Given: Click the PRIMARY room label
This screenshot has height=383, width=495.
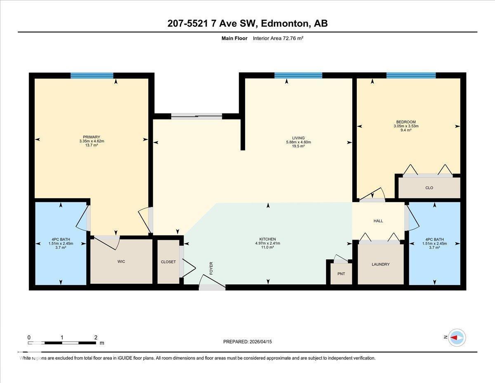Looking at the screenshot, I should point(92,137).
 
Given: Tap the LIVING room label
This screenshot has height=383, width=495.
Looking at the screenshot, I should point(298,138).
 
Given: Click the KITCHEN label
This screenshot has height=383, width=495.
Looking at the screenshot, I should point(268,239).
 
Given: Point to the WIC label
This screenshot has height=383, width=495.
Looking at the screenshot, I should point(121,261).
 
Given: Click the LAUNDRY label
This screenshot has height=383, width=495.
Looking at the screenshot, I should point(380,264).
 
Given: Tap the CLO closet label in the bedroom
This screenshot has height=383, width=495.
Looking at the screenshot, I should point(429,188).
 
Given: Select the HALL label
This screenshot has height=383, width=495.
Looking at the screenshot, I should point(378,221).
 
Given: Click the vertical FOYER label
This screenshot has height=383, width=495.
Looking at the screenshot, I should point(211,268).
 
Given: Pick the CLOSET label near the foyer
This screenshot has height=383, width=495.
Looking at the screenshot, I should point(168,262).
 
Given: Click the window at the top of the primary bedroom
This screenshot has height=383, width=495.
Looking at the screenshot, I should point(92,76).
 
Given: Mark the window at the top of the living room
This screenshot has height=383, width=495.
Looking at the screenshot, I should point(298,76).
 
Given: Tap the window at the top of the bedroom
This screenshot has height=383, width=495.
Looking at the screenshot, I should point(411,76).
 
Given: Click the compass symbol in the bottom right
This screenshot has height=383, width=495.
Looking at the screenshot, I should point(457,338).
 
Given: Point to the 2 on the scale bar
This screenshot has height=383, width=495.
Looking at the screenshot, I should point(96,338).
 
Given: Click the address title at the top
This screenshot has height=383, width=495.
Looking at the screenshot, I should point(247,24).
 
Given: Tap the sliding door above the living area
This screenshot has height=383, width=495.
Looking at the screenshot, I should point(196,117).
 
